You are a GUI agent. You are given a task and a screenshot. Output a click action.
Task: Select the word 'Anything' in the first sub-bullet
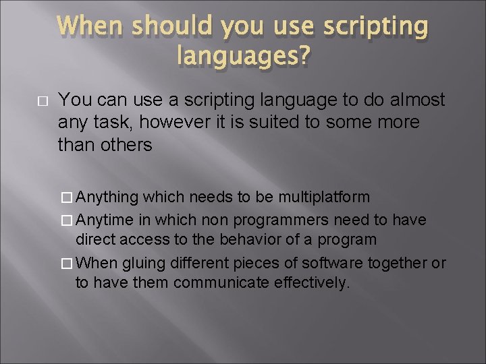tap(107, 197)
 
